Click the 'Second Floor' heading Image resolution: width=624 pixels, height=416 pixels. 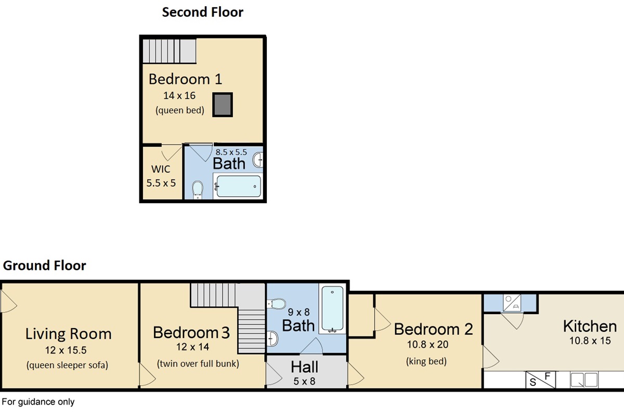pos(202,12)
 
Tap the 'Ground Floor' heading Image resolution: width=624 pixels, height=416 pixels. pos(44,266)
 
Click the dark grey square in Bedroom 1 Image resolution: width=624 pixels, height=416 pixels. pos(223,105)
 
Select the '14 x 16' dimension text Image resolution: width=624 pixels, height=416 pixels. pos(179,96)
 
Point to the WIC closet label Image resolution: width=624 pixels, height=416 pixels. pos(161,169)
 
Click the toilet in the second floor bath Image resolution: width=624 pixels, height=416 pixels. pos(198,190)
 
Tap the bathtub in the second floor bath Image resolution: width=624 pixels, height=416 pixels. pos(238,186)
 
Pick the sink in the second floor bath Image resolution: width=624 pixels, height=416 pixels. pos(258,160)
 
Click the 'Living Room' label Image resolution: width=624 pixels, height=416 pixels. pos(68,334)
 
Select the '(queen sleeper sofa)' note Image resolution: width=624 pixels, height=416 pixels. pos(67,365)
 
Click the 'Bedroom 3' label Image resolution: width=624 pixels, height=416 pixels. pos(191,332)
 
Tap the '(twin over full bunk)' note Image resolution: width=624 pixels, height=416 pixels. pos(198,363)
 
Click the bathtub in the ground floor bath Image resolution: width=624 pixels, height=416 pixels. pos(332,309)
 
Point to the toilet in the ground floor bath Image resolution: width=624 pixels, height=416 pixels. pos(276,304)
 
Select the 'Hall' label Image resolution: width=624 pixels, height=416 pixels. pos(305,367)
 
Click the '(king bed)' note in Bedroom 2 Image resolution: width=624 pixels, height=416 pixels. pos(426,361)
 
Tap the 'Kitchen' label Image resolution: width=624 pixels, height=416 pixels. pos(590,326)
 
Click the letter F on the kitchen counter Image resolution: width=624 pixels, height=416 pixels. pos(548,376)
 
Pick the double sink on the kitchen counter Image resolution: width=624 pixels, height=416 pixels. pos(584,380)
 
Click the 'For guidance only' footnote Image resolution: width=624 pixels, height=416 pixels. pos(38,402)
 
